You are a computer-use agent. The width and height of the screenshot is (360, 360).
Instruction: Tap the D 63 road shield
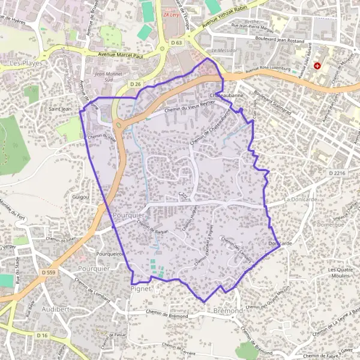click(x=176, y=43)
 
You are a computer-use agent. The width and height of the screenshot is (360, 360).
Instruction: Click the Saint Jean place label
click(x=60, y=109)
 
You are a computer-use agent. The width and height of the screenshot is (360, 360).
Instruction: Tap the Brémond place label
click(x=229, y=311)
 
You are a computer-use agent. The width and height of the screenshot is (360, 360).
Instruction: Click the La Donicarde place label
click(x=296, y=198)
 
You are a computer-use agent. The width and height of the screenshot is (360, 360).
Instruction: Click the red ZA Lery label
click(x=172, y=15)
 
